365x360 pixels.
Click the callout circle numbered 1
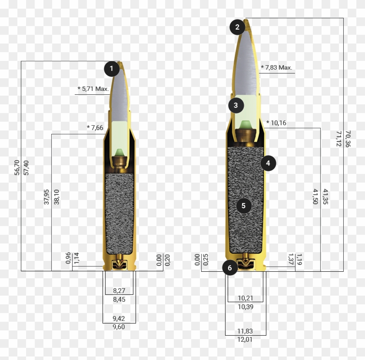(112, 69)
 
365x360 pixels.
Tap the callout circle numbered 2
(237, 27)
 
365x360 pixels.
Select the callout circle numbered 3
(236, 105)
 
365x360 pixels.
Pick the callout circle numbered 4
(268, 163)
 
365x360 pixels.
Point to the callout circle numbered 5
(243, 206)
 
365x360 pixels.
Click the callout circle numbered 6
(230, 268)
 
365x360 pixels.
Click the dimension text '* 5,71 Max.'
(93, 89)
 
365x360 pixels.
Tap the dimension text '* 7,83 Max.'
(276, 67)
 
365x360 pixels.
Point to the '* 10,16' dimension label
(276, 123)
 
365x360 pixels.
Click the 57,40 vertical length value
(26, 167)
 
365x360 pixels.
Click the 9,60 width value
(119, 327)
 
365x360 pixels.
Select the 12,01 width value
(245, 339)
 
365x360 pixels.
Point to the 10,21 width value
(245, 298)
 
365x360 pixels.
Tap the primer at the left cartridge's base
(119, 264)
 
